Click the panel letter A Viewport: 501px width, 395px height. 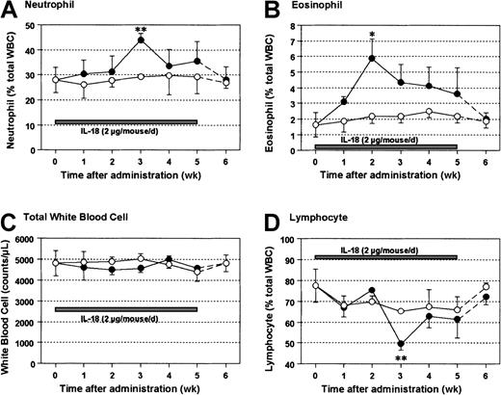coord(9,9)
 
